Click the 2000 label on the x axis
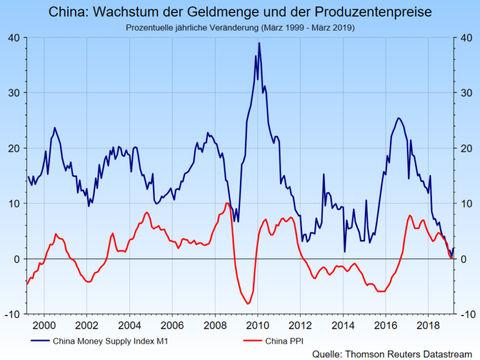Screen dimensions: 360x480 (44, 325)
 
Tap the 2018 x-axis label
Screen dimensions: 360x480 (427, 325)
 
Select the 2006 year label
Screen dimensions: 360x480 (171, 325)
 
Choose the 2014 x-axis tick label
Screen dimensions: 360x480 (342, 325)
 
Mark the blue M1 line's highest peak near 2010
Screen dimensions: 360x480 (259, 43)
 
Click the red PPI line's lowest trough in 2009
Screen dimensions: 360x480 (248, 304)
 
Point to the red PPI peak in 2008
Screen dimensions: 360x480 (227, 203)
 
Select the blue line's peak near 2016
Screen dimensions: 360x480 (399, 117)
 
